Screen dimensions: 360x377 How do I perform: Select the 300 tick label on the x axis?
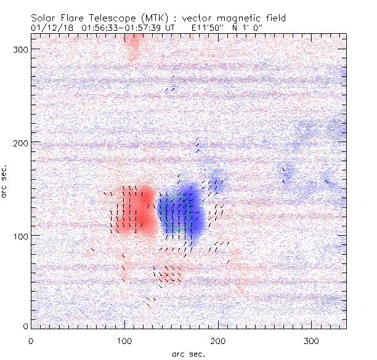[312, 340]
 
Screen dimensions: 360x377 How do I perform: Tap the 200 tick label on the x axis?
[218, 340]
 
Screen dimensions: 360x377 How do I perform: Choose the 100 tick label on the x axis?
[124, 340]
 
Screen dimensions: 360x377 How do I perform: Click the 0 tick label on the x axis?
[31, 340]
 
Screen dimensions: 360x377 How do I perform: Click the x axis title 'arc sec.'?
[188, 354]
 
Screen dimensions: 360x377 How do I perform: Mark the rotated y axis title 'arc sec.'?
[6, 182]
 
